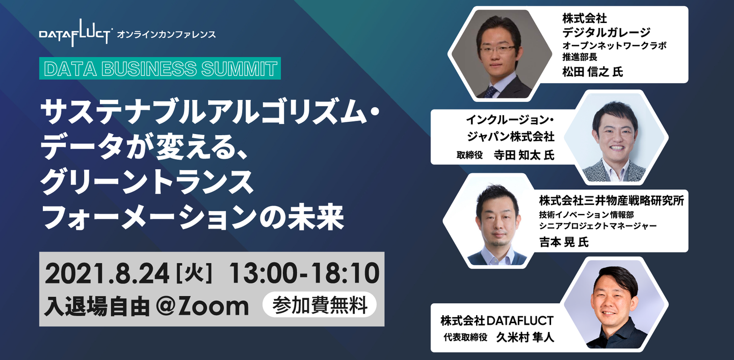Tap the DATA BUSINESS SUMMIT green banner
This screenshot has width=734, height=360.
coord(160,68)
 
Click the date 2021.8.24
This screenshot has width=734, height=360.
coord(107,274)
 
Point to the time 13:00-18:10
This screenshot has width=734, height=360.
coord(304,274)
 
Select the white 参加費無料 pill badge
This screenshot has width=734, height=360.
coord(320,305)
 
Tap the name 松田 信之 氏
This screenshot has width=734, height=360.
coord(592,71)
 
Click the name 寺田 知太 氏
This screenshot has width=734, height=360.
coord(524,155)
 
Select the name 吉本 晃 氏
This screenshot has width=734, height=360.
coord(564,242)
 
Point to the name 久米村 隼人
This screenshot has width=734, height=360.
coord(525,337)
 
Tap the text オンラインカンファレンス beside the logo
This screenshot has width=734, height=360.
coord(167,35)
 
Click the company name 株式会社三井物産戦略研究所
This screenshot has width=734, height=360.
coord(612,200)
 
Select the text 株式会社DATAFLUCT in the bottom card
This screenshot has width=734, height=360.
coord(497,320)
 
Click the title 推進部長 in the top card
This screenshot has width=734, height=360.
coord(580,57)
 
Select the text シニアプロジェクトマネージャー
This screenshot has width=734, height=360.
coord(598,226)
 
